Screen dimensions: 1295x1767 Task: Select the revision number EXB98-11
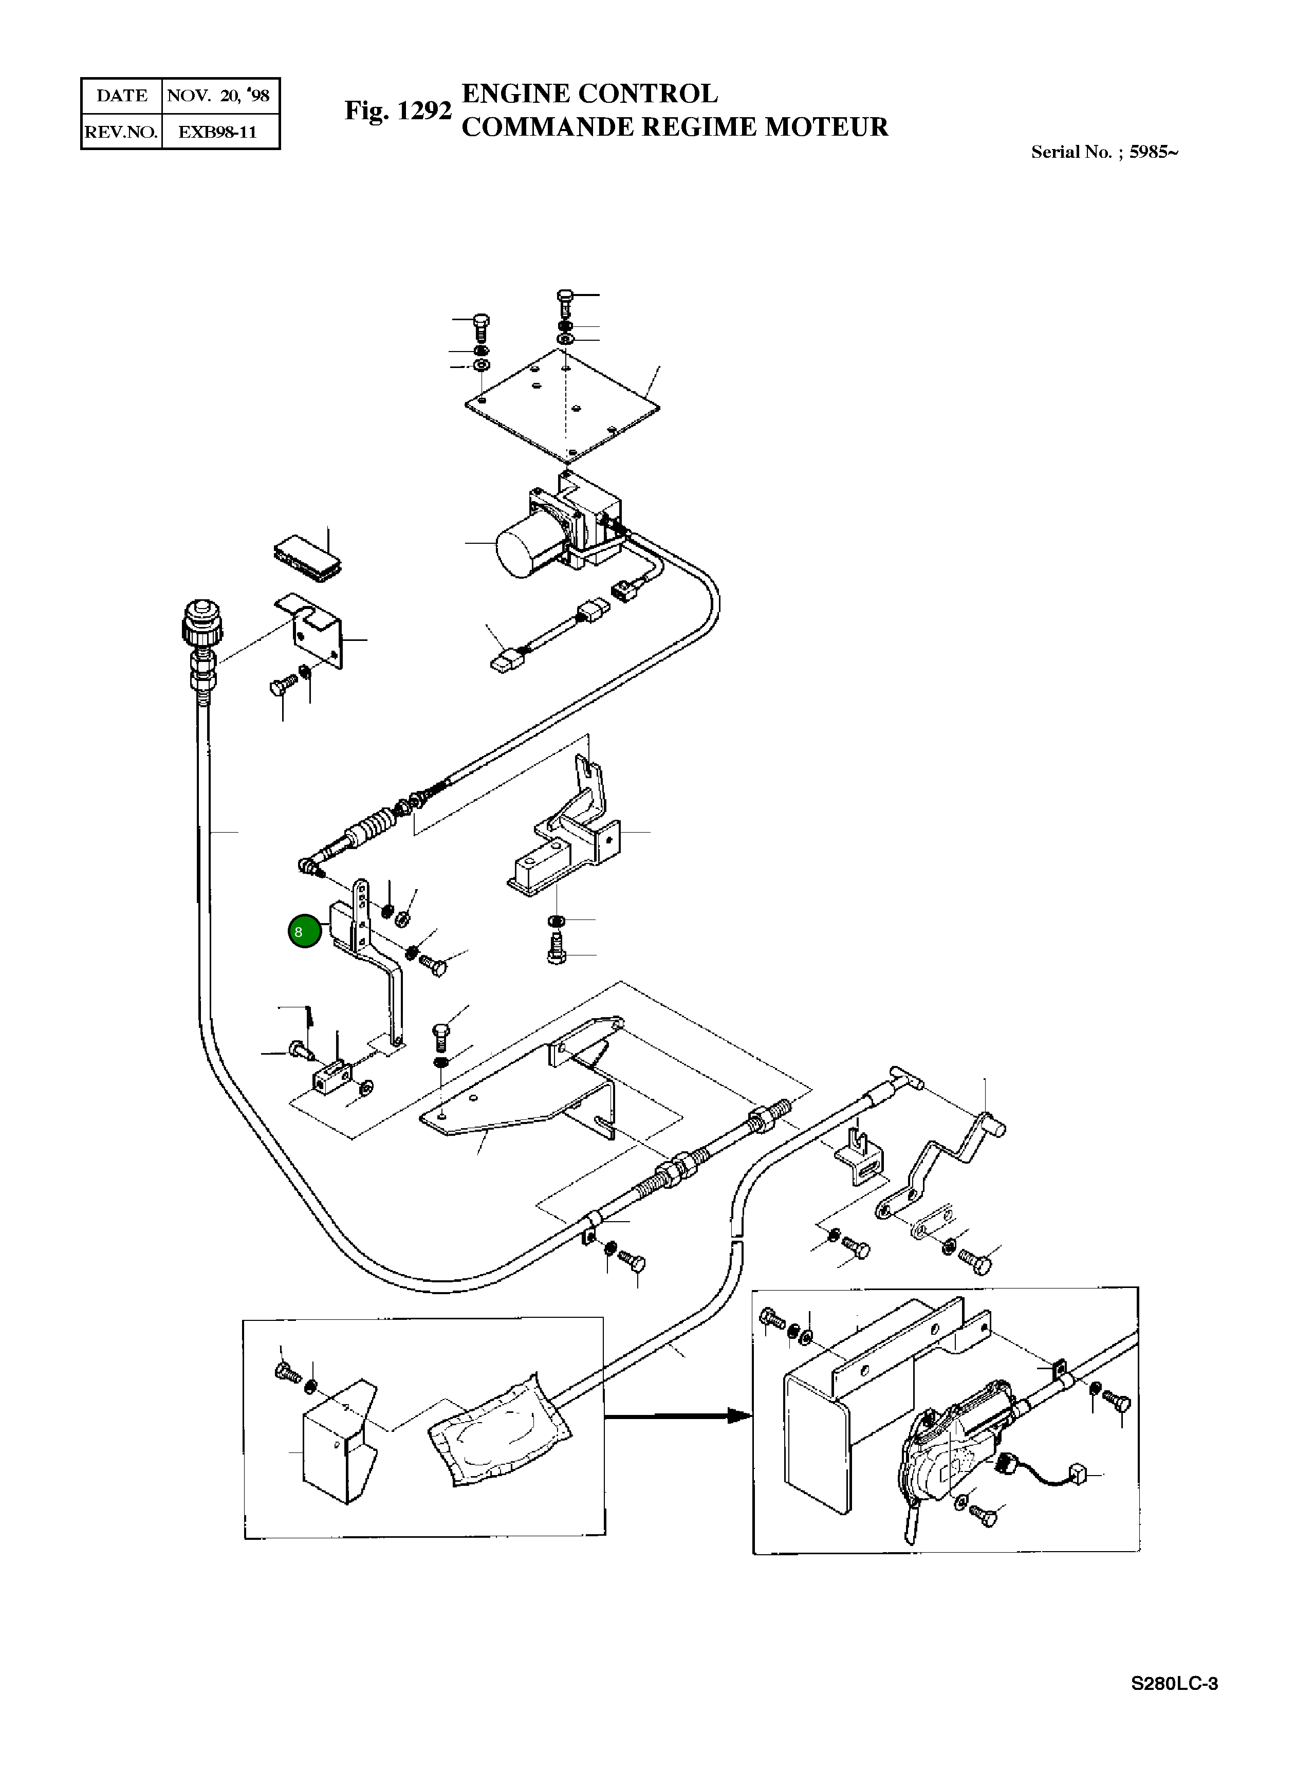pos(218,132)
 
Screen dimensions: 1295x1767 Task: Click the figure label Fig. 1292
pos(398,111)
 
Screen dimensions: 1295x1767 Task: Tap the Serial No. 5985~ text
pos(1104,152)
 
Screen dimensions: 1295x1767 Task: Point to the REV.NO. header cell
pos(121,132)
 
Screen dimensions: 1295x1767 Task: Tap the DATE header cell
pos(121,96)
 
